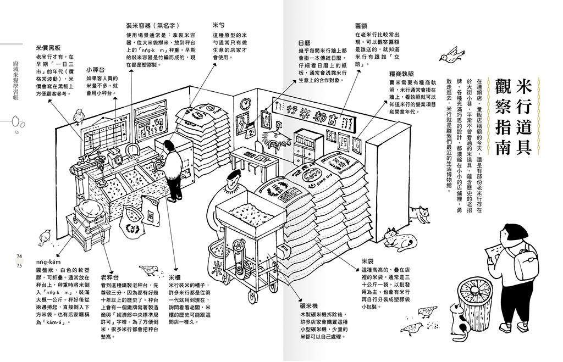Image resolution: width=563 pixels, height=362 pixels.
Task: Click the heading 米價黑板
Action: tap(48, 48)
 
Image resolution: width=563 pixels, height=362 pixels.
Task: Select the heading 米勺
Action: tap(218, 25)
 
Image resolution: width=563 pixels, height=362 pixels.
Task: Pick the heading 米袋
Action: tap(367, 260)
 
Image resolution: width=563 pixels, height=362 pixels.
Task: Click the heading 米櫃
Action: tap(174, 278)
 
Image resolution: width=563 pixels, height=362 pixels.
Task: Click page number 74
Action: tap(19, 257)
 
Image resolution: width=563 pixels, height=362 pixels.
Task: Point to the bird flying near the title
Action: tap(452, 54)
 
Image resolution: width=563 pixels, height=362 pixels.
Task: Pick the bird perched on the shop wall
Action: tap(80, 115)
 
